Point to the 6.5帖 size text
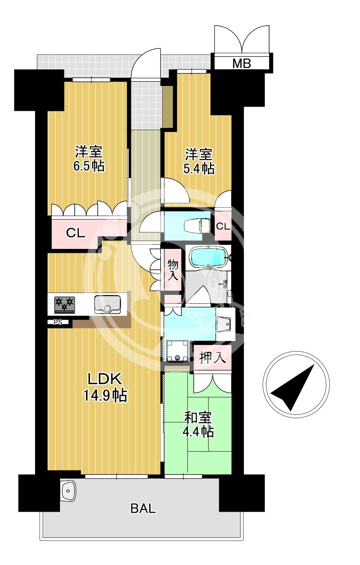89,166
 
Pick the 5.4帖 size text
199,169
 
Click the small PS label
58,323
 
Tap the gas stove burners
65,305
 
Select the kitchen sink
107,305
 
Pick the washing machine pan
177,351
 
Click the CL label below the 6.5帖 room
75,233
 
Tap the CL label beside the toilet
223,226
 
